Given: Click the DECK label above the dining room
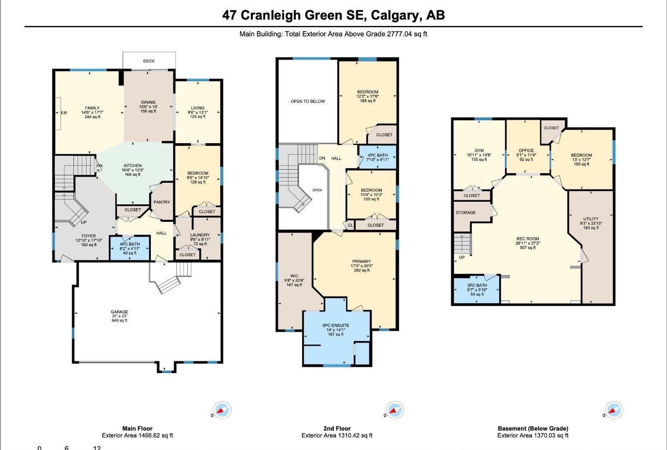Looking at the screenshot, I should (x=149, y=61).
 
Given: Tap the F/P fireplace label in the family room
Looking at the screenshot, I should (x=64, y=112).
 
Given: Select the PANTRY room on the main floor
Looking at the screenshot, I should (x=161, y=202).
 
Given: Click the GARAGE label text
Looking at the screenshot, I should (x=119, y=312).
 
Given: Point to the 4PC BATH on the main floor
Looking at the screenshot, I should (x=129, y=249).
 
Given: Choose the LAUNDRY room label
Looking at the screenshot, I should (x=200, y=235).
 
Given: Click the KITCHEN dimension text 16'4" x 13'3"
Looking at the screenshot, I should (x=133, y=170).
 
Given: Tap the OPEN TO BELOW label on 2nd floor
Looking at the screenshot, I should (x=308, y=102).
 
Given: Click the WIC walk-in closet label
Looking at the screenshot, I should (x=294, y=276).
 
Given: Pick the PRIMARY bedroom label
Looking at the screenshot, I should (x=361, y=261).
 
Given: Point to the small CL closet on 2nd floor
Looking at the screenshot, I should (x=350, y=225).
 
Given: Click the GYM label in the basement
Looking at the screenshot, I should (x=479, y=151).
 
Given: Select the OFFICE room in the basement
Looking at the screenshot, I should (x=526, y=151).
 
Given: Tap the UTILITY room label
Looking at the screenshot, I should (x=591, y=219).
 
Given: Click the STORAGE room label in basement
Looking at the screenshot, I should (x=466, y=213).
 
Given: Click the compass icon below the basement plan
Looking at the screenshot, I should (x=613, y=411).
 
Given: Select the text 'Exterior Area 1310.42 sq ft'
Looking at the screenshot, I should (x=337, y=435).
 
